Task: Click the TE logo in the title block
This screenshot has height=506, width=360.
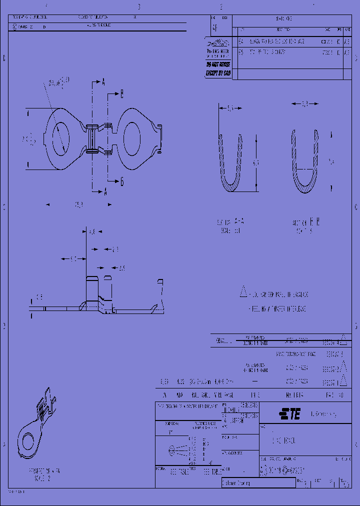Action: pyautogui.click(x=289, y=414)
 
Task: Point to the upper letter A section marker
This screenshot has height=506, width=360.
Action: pyautogui.click(x=103, y=81)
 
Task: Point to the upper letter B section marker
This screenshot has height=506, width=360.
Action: pyautogui.click(x=121, y=93)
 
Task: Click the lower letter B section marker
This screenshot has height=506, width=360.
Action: pyautogui.click(x=121, y=181)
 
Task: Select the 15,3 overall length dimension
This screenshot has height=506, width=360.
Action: pyautogui.click(x=78, y=204)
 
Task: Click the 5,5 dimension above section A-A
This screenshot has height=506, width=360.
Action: pyautogui.click(x=230, y=107)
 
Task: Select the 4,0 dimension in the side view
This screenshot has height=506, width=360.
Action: pyautogui.click(x=91, y=232)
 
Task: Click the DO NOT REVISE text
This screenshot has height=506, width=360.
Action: pyautogui.click(x=218, y=64)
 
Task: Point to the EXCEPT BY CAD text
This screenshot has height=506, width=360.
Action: pyautogui.click(x=218, y=73)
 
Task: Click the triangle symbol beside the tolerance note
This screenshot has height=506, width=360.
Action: pyautogui.click(x=243, y=291)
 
